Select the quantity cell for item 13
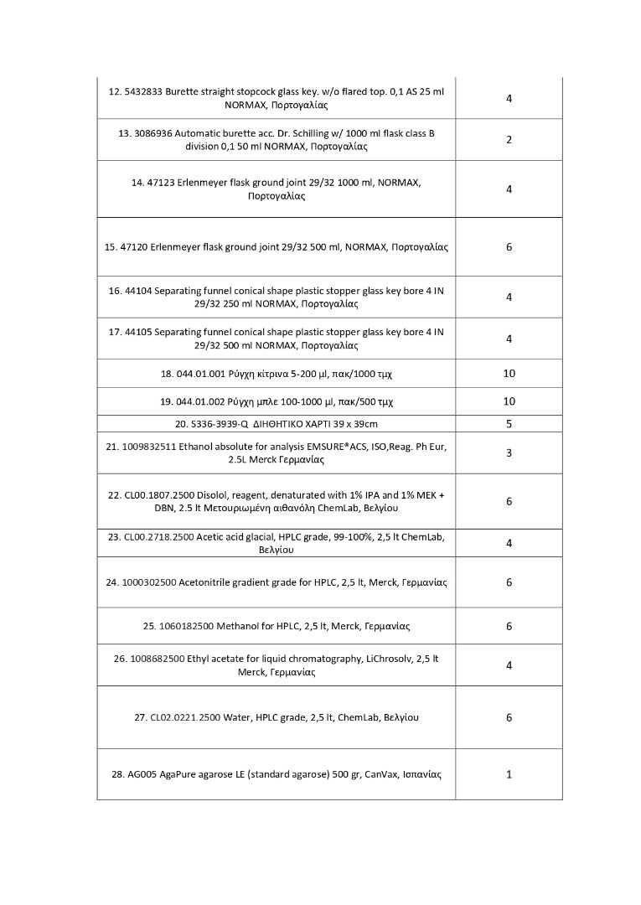click(x=509, y=140)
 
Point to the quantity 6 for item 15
click(x=509, y=247)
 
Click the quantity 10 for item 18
click(x=509, y=374)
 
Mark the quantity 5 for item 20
click(x=509, y=424)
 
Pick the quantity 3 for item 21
click(x=509, y=453)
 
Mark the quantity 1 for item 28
click(x=509, y=774)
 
